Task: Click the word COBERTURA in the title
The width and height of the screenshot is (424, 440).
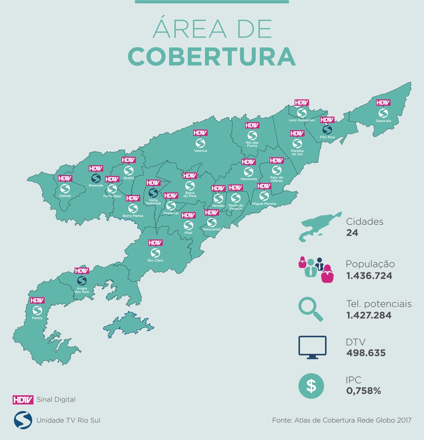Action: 212,56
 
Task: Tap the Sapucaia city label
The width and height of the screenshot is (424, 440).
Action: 383,121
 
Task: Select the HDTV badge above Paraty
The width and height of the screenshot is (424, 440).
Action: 37,301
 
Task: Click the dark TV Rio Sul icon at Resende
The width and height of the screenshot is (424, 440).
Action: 96,178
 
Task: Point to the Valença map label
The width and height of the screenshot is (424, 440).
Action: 200,151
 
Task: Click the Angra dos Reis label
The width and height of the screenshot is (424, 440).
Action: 81,290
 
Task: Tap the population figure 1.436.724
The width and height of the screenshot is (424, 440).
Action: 369,276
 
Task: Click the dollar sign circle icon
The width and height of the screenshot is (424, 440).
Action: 311,385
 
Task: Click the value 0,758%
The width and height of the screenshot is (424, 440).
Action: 363,391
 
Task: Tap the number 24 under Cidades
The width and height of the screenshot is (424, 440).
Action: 352,233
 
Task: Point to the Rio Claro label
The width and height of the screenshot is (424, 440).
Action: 155,260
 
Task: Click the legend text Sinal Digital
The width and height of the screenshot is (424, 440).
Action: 56,400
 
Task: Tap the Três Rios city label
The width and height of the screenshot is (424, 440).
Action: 327,137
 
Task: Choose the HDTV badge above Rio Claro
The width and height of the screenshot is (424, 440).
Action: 155,243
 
